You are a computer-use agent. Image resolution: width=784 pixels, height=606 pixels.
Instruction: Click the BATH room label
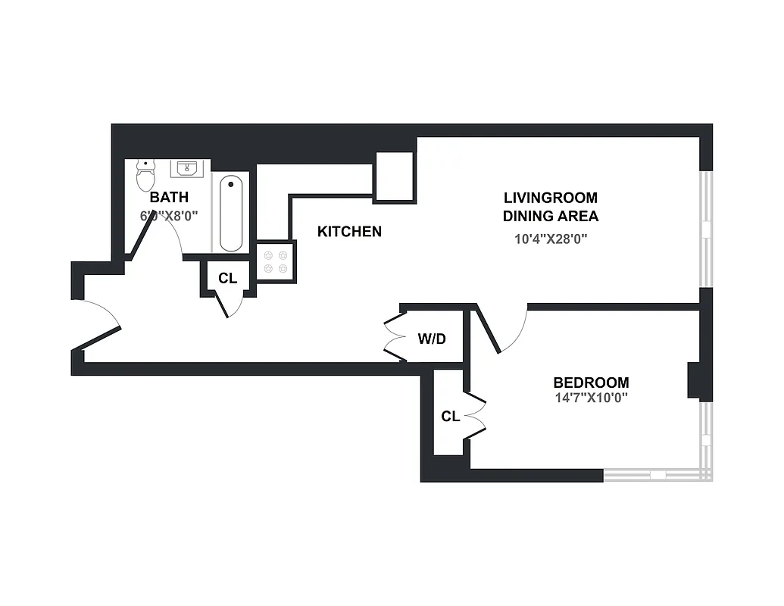169,198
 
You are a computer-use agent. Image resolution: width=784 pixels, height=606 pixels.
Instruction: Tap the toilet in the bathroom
145,177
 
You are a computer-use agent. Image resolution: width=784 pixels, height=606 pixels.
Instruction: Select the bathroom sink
187,168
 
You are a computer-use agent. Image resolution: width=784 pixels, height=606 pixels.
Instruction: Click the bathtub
232,214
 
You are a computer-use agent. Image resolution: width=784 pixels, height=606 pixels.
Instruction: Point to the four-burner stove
274,262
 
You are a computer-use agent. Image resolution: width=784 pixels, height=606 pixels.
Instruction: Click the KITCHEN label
349,232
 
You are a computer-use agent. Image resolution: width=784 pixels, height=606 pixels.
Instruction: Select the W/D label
432,339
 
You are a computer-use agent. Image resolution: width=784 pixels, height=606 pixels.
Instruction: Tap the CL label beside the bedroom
451,416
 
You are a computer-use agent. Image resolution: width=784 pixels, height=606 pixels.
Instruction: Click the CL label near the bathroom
227,278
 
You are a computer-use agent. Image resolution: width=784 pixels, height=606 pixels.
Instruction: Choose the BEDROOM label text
591,383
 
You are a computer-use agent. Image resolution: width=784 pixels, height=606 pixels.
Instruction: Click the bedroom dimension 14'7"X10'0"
591,397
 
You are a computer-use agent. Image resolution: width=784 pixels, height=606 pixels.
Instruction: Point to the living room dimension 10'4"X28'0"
551,239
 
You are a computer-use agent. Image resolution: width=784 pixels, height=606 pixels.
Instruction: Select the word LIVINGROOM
551,198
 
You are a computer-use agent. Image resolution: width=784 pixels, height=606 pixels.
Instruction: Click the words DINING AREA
551,216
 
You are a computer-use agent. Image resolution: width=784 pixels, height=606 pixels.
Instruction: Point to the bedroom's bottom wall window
657,475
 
